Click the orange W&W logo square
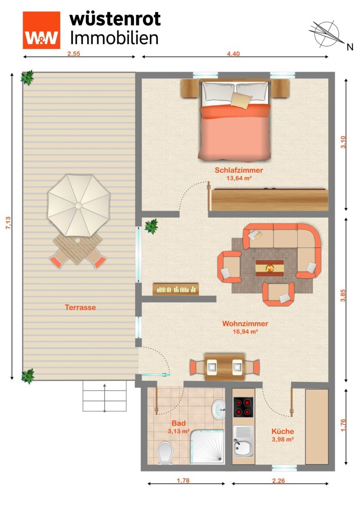[41, 30]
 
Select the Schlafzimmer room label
[239, 170]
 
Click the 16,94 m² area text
[245, 332]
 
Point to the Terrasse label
[80, 307]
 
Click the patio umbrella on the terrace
[79, 206]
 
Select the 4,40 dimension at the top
[233, 53]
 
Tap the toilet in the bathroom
[165, 453]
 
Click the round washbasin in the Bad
[218, 409]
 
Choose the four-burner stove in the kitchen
[243, 407]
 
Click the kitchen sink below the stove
[243, 441]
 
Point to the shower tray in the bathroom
[207, 446]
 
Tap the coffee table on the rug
[270, 268]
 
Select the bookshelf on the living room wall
[176, 289]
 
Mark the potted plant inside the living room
[151, 226]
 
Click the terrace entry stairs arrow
[105, 398]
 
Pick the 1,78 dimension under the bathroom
[183, 480]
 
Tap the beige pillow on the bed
[241, 100]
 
